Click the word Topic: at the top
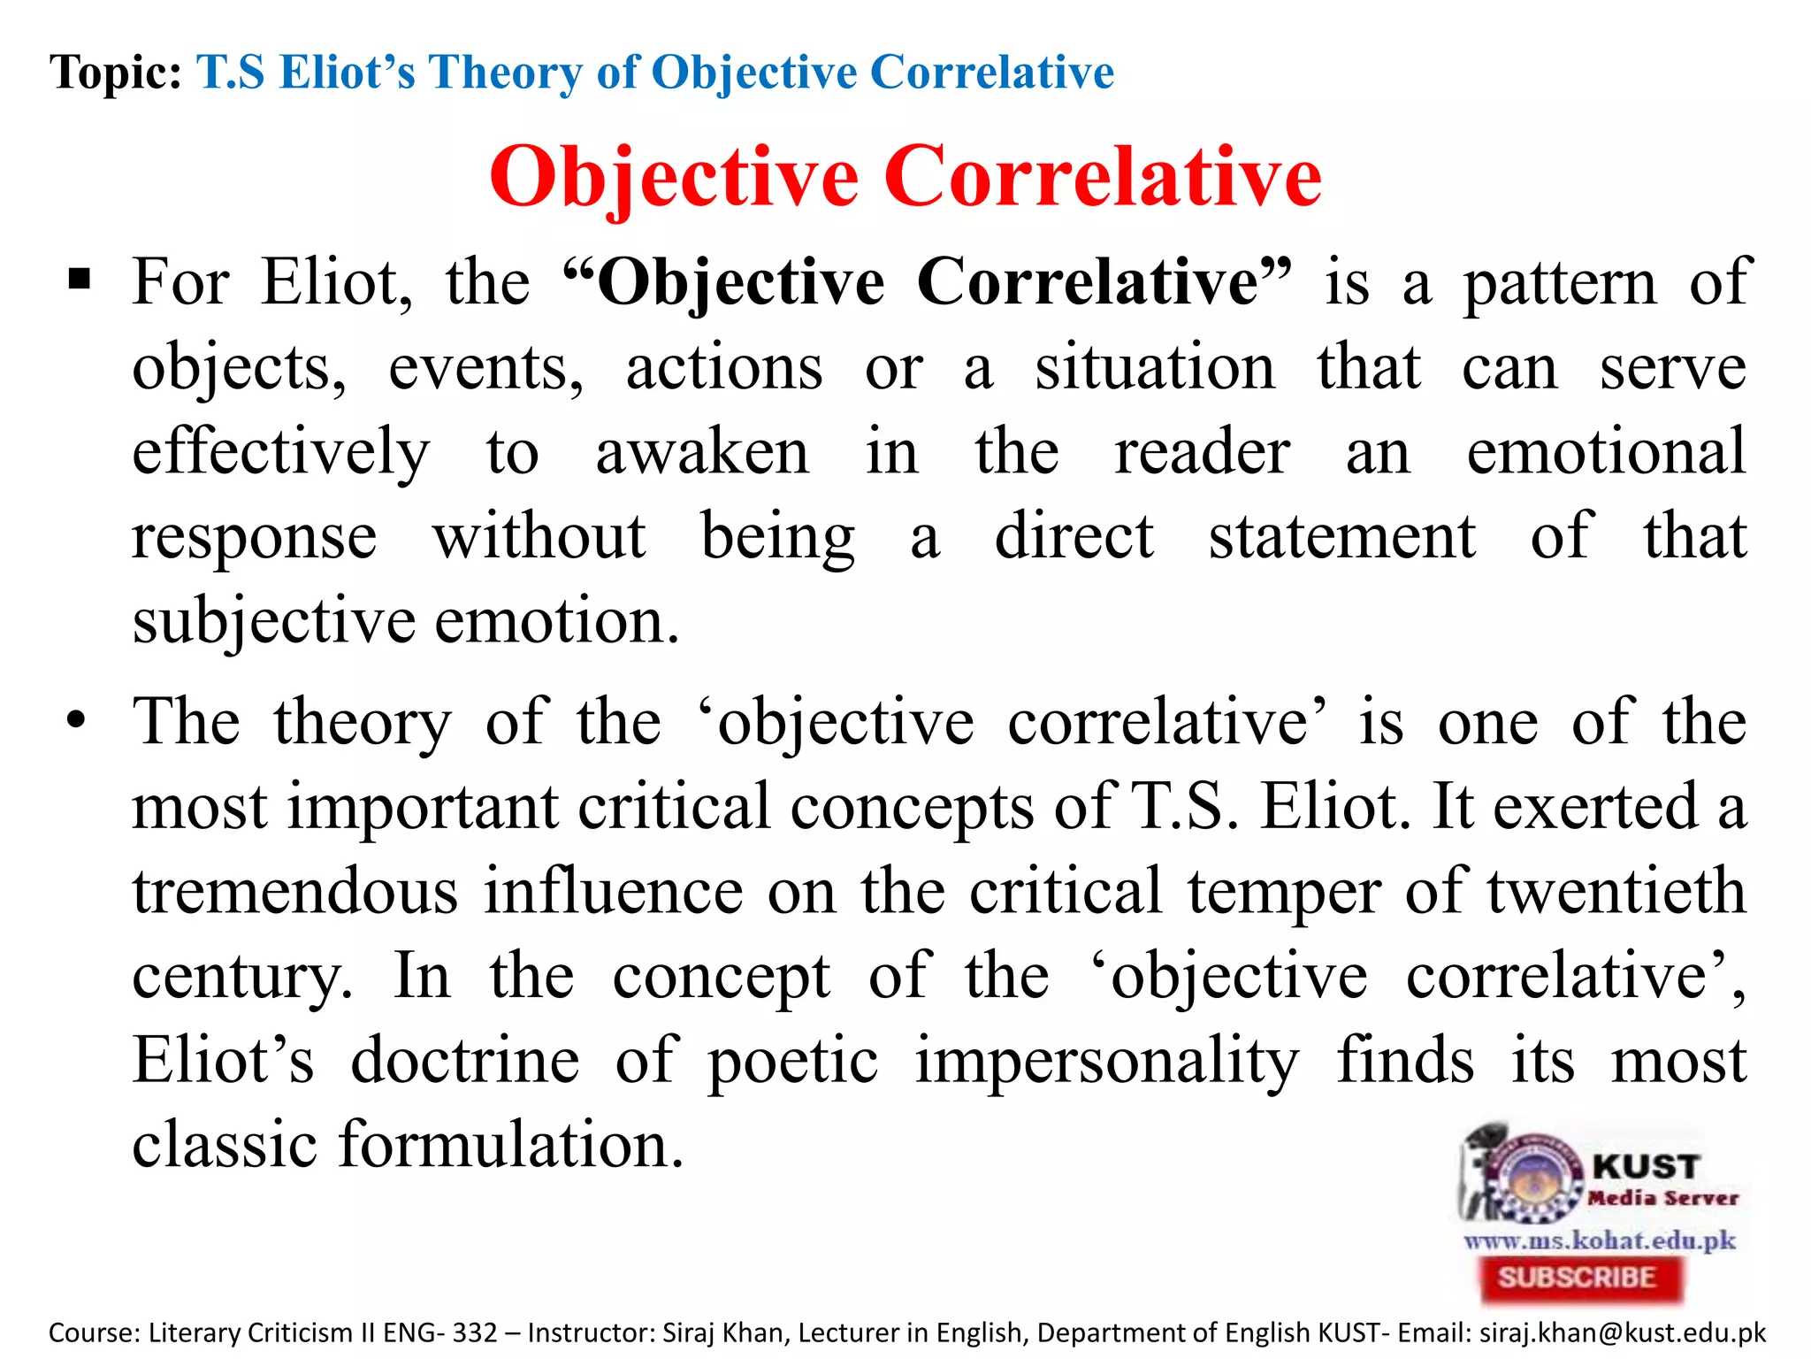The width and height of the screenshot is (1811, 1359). pyautogui.click(x=116, y=72)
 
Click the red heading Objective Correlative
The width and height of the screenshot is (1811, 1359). pyautogui.click(x=905, y=177)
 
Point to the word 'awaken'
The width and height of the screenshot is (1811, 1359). pyautogui.click(x=702, y=452)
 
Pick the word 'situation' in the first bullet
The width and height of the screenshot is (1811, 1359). pyautogui.click(x=1155, y=367)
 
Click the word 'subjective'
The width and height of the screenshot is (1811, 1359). pyautogui.click(x=273, y=621)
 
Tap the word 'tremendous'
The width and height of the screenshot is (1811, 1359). pyautogui.click(x=295, y=891)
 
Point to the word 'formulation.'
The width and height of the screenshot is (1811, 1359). pyautogui.click(x=511, y=1144)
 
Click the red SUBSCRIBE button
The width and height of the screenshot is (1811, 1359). pyautogui.click(x=1577, y=1278)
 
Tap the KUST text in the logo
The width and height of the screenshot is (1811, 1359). pyautogui.click(x=1646, y=1166)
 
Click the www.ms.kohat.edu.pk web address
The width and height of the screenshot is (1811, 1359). pyautogui.click(x=1600, y=1240)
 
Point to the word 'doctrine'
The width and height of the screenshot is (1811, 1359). pyautogui.click(x=465, y=1061)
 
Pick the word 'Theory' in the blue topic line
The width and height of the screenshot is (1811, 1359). pyautogui.click(x=505, y=72)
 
